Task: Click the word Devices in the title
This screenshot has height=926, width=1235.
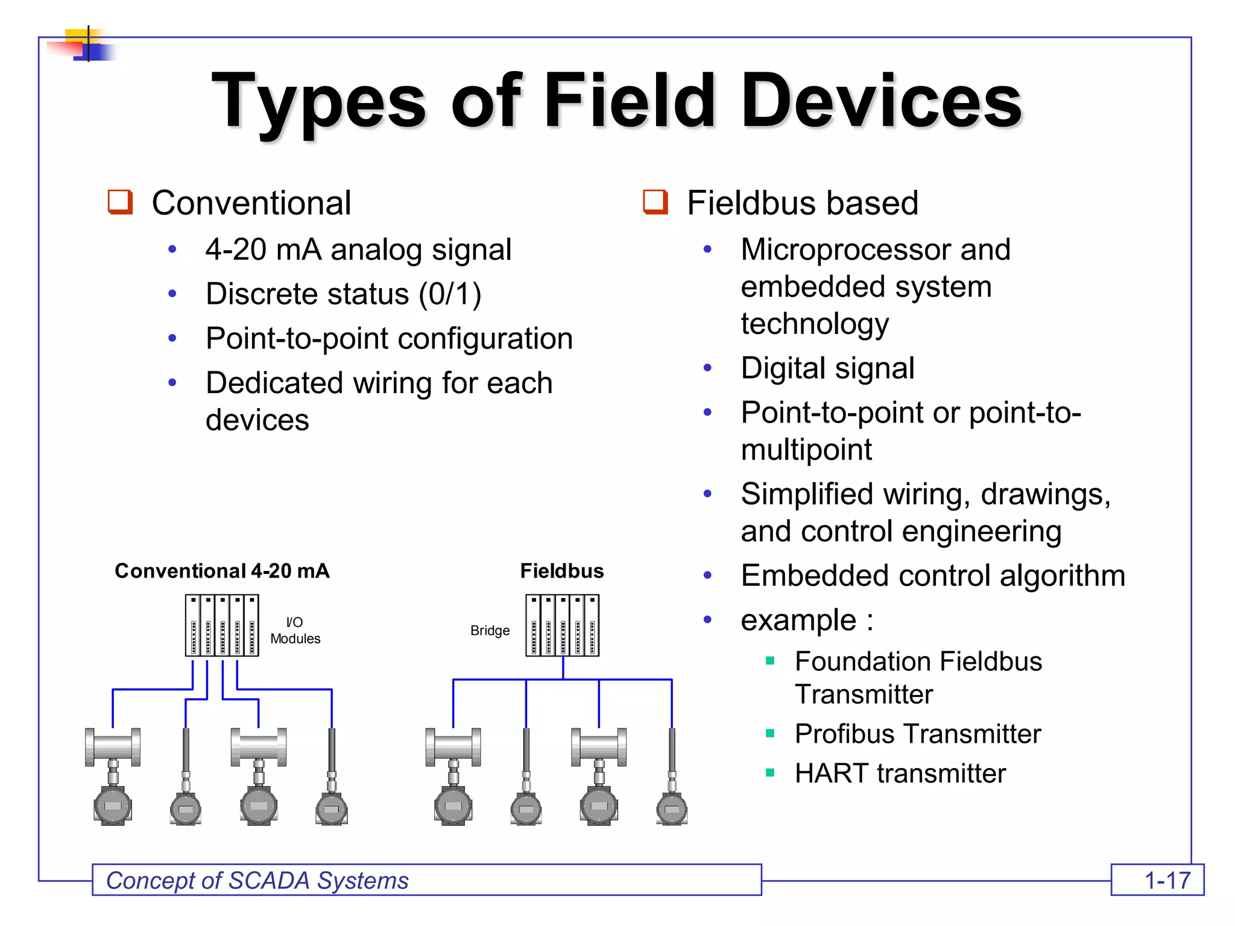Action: coord(880,101)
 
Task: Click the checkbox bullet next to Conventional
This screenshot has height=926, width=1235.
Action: coord(120,201)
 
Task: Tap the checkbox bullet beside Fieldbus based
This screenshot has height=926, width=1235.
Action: coord(655,201)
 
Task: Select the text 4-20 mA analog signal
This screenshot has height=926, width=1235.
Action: coord(358,250)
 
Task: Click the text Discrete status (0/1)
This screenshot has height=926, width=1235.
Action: coord(343,294)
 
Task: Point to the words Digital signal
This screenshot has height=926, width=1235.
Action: coord(827,368)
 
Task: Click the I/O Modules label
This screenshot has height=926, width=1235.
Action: coord(295,631)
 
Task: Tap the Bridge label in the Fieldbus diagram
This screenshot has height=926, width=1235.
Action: coord(490,631)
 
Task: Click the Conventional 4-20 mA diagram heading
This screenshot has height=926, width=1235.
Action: coord(222,571)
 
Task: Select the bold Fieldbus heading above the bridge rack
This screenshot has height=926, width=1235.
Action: coord(561,571)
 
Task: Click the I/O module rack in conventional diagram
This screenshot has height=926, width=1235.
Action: coord(222,625)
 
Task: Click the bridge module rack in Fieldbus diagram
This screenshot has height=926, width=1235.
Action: coord(562,625)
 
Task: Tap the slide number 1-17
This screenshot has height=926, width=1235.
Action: coord(1167,881)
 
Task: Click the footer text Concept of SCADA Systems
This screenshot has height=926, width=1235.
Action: coord(257,881)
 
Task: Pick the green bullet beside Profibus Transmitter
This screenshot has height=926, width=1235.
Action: coord(769,733)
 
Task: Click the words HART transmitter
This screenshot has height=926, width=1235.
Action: coord(900,773)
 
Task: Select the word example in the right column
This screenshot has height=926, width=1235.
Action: coord(798,620)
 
